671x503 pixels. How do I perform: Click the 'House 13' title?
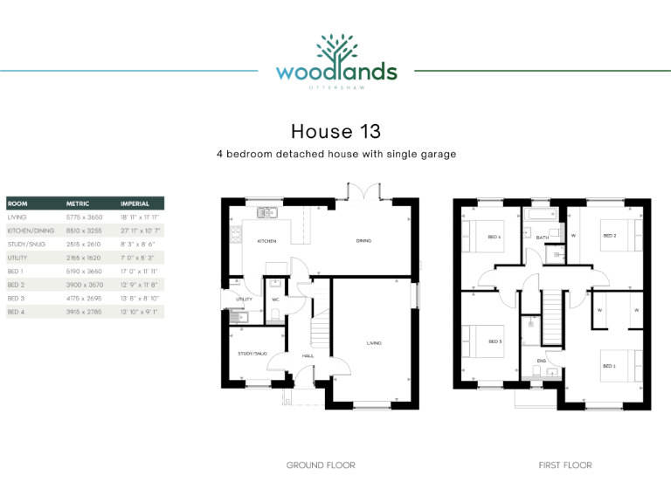[x=335, y=132]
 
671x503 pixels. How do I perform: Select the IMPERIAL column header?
[x=135, y=203]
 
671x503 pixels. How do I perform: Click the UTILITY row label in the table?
[x=17, y=258]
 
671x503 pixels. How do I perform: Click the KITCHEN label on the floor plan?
[x=266, y=241]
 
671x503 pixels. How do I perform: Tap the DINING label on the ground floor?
[x=364, y=241]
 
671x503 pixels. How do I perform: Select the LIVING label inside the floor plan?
[x=373, y=343]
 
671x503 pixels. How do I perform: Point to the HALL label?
[x=308, y=356]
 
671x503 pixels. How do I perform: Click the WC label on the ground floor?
[x=274, y=300]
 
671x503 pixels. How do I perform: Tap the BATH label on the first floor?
[x=542, y=237]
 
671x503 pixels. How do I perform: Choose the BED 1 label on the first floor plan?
[x=609, y=366]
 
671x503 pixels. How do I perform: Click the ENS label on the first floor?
[x=541, y=360]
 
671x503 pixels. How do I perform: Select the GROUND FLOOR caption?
[x=321, y=465]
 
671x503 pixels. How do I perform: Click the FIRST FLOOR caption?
[x=564, y=465]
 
